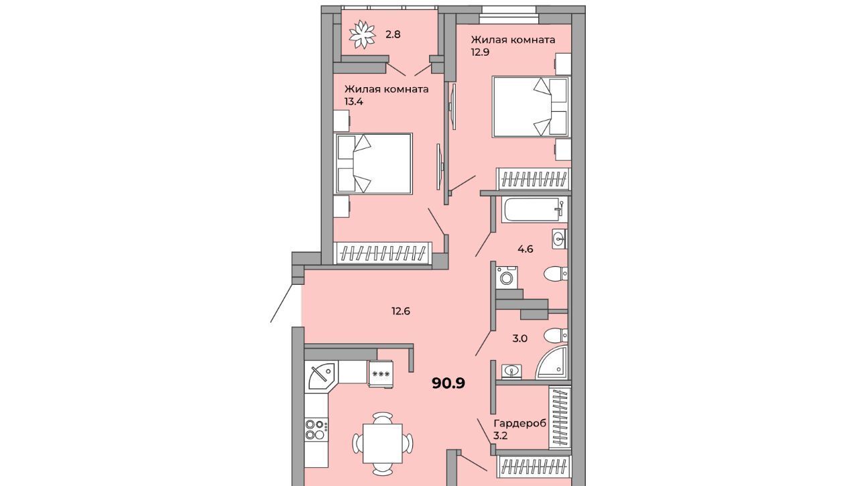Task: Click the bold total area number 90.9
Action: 448,383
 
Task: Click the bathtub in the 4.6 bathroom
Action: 534,210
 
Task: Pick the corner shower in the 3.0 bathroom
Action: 551,363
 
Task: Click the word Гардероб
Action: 519,424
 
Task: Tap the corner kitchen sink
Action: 321,375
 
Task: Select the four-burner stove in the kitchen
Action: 316,429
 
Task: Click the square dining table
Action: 383,443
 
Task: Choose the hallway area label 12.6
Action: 401,311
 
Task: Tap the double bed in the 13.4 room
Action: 373,164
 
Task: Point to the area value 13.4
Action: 353,102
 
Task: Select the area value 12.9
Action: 481,52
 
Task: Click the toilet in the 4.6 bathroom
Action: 556,274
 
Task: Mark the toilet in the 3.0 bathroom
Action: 556,336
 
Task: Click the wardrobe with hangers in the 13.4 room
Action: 383,253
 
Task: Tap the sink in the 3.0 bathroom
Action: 511,371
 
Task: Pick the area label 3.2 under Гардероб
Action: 501,436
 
